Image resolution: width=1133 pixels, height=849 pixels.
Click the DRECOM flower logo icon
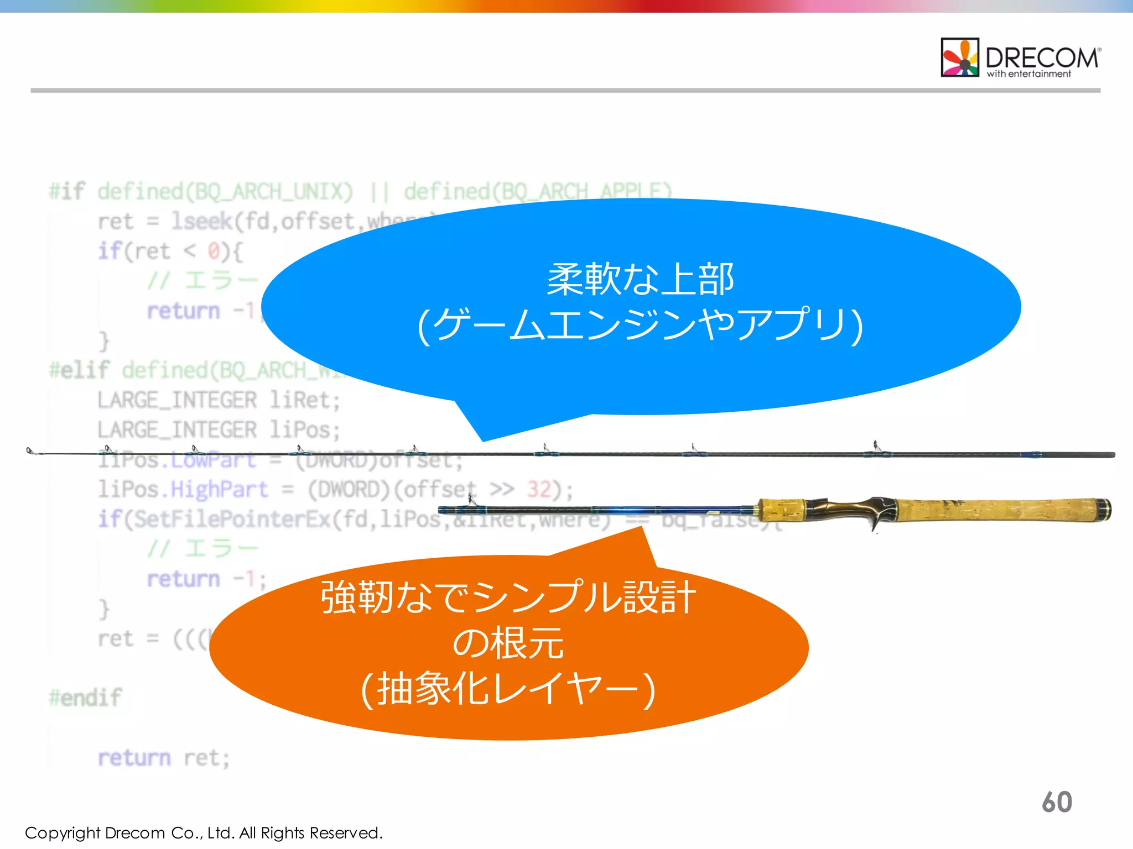click(x=960, y=57)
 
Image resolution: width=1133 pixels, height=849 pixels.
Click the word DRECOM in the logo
click(x=1042, y=57)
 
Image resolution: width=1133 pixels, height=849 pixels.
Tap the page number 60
click(x=1057, y=802)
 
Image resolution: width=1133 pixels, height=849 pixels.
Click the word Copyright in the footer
click(x=62, y=833)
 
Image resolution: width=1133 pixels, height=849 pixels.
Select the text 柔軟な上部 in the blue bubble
click(x=640, y=279)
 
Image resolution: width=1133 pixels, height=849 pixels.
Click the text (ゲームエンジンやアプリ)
click(x=640, y=325)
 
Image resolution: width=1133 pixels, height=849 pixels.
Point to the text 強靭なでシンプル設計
click(x=508, y=598)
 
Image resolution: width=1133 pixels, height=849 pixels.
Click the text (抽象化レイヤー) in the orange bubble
click(x=508, y=689)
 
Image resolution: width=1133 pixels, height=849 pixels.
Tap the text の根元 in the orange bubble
click(x=508, y=643)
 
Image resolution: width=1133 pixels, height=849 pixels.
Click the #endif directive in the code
click(x=85, y=698)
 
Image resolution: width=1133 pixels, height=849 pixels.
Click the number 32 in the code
click(x=539, y=490)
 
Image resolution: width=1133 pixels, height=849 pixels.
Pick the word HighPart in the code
click(x=219, y=490)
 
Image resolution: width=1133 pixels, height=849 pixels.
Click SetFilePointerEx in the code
click(x=233, y=520)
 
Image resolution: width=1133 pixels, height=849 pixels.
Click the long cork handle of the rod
click(x=996, y=510)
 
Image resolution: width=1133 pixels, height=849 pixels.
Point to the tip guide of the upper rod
click(x=31, y=452)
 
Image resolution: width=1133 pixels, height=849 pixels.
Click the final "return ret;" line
click(x=164, y=758)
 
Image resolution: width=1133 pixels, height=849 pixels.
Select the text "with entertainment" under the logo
click(x=1029, y=74)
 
